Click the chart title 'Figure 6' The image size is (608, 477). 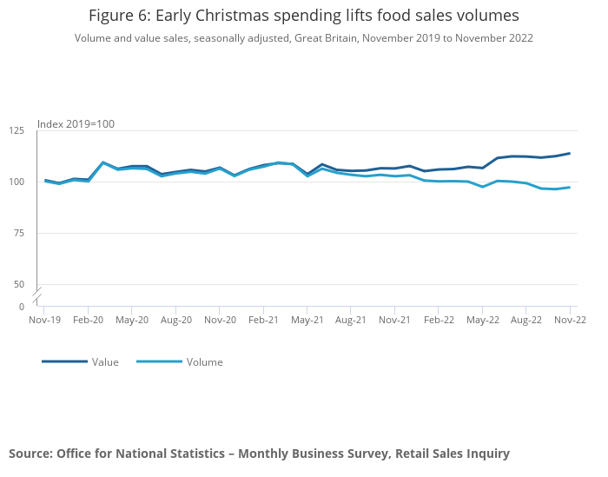pyautogui.click(x=303, y=16)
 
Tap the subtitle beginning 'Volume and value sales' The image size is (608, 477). pyautogui.click(x=303, y=38)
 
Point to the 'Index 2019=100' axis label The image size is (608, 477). pyautogui.click(x=76, y=124)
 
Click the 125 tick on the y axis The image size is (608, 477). pyautogui.click(x=17, y=130)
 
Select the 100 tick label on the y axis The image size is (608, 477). pyautogui.click(x=17, y=182)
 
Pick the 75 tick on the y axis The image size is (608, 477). pyautogui.click(x=19, y=233)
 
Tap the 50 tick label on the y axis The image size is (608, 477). pyautogui.click(x=19, y=284)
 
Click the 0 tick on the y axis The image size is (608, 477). pyautogui.click(x=22, y=307)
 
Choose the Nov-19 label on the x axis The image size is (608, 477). pyautogui.click(x=44, y=320)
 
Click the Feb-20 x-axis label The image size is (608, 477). pyautogui.click(x=88, y=320)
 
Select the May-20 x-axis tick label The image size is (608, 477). pyautogui.click(x=132, y=320)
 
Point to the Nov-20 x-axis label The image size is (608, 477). pyautogui.click(x=220, y=320)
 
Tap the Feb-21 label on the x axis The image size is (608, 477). pyautogui.click(x=263, y=320)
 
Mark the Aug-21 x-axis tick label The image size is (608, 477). pyautogui.click(x=351, y=320)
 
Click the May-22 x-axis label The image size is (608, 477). pyautogui.click(x=483, y=320)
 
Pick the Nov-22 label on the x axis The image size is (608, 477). pyautogui.click(x=570, y=320)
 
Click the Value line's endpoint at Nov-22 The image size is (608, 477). pyautogui.click(x=570, y=153)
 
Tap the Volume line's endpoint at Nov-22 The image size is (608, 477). pyautogui.click(x=570, y=187)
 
